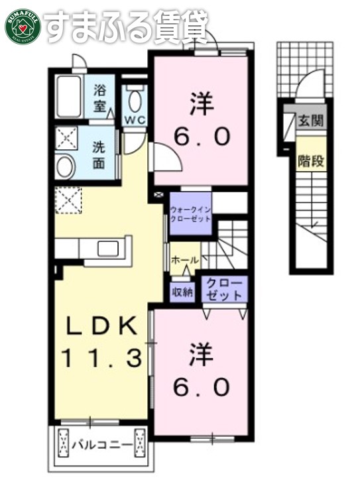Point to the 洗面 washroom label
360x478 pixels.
pyautogui.click(x=99, y=154)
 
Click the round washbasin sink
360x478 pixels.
pyautogui.click(x=66, y=167)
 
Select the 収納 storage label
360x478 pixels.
pyautogui.click(x=183, y=291)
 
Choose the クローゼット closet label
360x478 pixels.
pyautogui.click(x=223, y=289)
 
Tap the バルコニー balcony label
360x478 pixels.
pyautogui.click(x=101, y=443)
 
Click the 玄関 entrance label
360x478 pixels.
pyautogui.click(x=311, y=121)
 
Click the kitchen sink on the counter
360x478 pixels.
pyautogui.click(x=108, y=249)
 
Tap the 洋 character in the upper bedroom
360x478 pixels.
pyautogui.click(x=203, y=104)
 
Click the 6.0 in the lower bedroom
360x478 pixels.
pyautogui.click(x=203, y=386)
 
